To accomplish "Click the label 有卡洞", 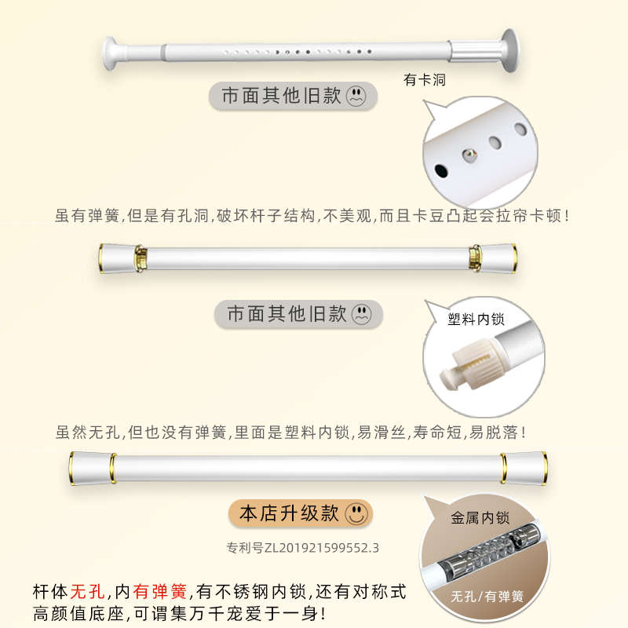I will (x=425, y=80).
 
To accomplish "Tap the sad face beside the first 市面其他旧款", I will (x=357, y=97).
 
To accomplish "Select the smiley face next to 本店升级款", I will (x=356, y=514).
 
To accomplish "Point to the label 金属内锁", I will (x=480, y=518).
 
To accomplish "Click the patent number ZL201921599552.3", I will (x=302, y=547).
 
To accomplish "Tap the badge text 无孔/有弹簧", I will (x=487, y=596).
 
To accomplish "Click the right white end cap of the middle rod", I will (x=499, y=256).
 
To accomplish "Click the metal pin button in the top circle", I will (x=468, y=155).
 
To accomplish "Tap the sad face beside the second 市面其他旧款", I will (x=362, y=315).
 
